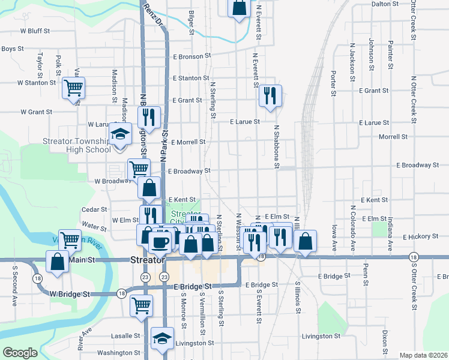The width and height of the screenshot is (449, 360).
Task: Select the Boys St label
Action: [x=12, y=49]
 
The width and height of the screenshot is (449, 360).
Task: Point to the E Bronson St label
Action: [x=193, y=57]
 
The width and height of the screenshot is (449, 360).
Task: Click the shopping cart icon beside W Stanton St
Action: [x=73, y=88]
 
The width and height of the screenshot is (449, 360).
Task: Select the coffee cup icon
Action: [x=160, y=242]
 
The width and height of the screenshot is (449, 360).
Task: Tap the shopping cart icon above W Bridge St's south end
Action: [x=142, y=305]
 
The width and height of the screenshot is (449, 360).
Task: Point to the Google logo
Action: [x=20, y=353]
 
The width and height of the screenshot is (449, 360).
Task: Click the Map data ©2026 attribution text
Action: [x=423, y=355]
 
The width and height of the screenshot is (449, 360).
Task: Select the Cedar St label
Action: [x=94, y=210]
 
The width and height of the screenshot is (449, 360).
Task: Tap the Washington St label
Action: [x=118, y=353]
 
